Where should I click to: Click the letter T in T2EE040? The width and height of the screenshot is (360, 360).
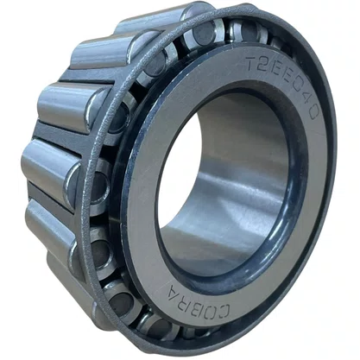[x=253, y=63]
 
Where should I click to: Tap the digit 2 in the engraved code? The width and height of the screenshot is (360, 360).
[x=265, y=65]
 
